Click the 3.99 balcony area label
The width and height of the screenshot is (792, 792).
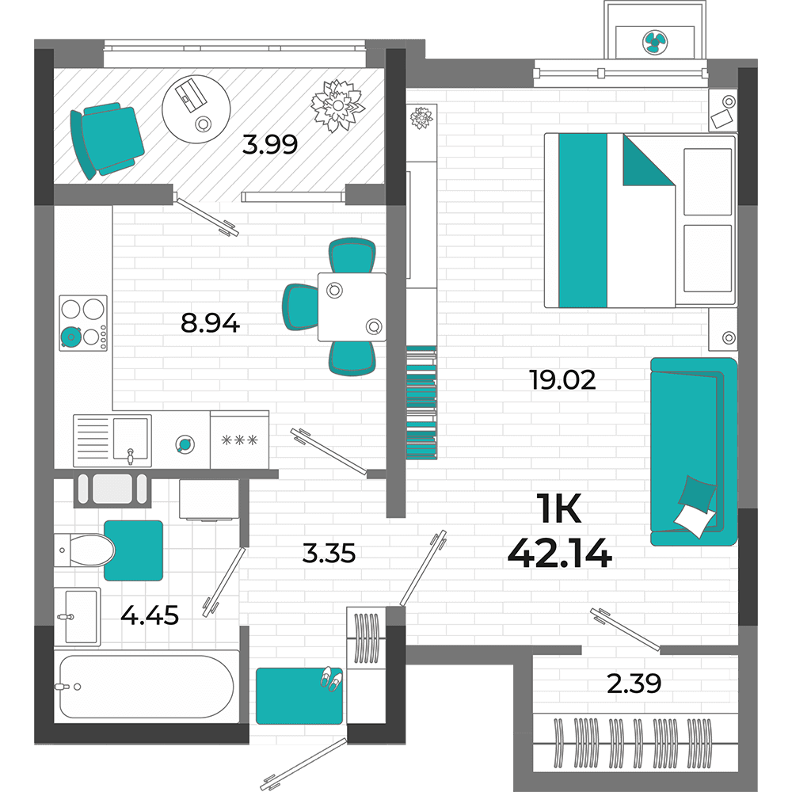pyautogui.click(x=270, y=144)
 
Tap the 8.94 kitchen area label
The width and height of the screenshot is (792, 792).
pyautogui.click(x=210, y=323)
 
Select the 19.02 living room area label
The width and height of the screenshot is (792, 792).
pyautogui.click(x=562, y=380)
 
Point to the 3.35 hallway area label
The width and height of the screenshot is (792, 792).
pyautogui.click(x=329, y=553)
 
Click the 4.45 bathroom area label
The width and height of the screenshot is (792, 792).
pyautogui.click(x=150, y=615)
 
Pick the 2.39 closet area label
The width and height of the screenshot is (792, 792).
pyautogui.click(x=634, y=683)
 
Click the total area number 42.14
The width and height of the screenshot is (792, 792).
pyautogui.click(x=560, y=554)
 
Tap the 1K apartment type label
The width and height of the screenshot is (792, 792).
pyautogui.click(x=560, y=509)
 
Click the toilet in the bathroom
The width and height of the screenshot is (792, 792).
pyautogui.click(x=85, y=550)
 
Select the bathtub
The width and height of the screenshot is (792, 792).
pyautogui.click(x=147, y=687)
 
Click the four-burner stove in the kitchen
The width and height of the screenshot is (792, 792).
pyautogui.click(x=83, y=323)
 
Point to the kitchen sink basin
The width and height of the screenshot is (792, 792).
pyautogui.click(x=131, y=439)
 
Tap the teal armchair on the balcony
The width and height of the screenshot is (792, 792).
pyautogui.click(x=107, y=140)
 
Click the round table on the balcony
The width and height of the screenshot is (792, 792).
pyautogui.click(x=196, y=109)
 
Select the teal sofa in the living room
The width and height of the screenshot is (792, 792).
pyautogui.click(x=694, y=451)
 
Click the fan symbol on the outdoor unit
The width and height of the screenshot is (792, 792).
pyautogui.click(x=655, y=43)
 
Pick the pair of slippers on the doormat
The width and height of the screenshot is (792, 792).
pyautogui.click(x=330, y=679)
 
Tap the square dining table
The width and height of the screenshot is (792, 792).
pyautogui.click(x=352, y=307)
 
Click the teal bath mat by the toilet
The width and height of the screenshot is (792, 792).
pyautogui.click(x=133, y=550)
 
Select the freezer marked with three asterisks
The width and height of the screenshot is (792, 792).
pyautogui.click(x=239, y=440)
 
